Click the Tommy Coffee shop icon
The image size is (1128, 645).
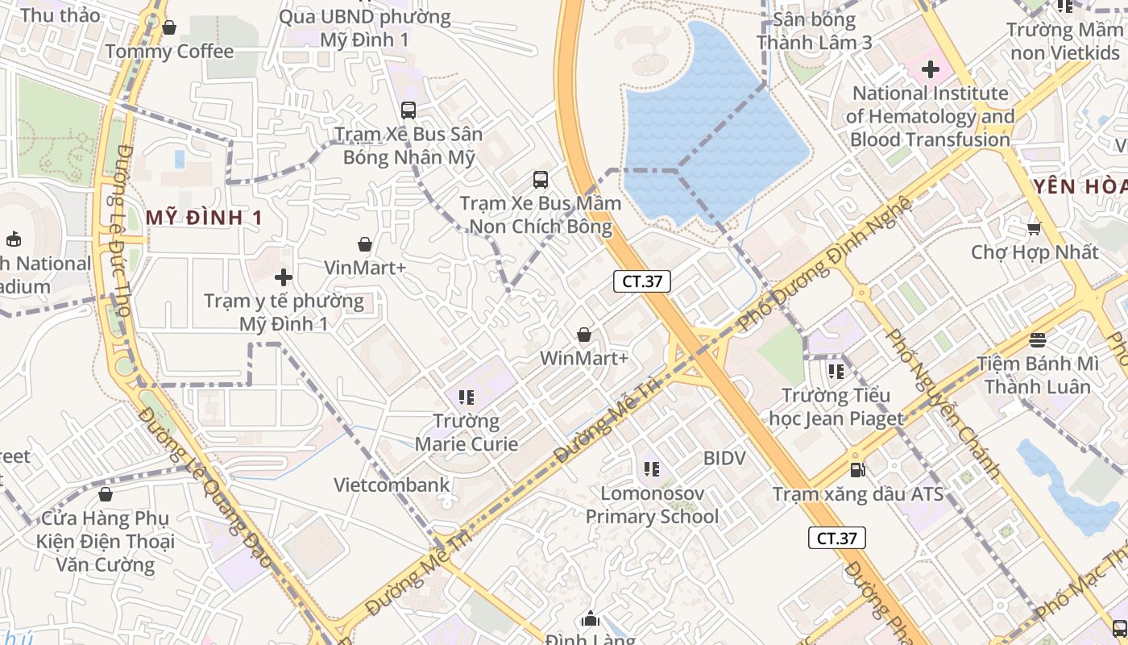169,28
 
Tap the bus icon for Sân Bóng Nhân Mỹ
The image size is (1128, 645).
408,110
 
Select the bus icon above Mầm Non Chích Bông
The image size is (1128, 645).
540,180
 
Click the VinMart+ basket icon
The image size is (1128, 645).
365,244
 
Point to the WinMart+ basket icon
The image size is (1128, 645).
584,335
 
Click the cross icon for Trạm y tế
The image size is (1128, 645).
284,278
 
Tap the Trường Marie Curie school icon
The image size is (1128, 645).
466,397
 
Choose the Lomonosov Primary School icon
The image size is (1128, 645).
652,468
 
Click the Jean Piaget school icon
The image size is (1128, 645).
836,372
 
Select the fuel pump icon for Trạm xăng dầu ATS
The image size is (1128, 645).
858,469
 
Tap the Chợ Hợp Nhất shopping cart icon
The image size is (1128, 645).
1035,229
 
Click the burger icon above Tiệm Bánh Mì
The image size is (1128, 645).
1038,340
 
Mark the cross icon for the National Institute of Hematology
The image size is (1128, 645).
931,69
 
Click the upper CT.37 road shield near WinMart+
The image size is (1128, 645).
642,281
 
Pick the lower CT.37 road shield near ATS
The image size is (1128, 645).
837,538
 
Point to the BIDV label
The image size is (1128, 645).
724,458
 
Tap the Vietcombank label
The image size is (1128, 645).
392,485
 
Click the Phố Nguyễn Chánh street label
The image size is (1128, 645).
943,403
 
